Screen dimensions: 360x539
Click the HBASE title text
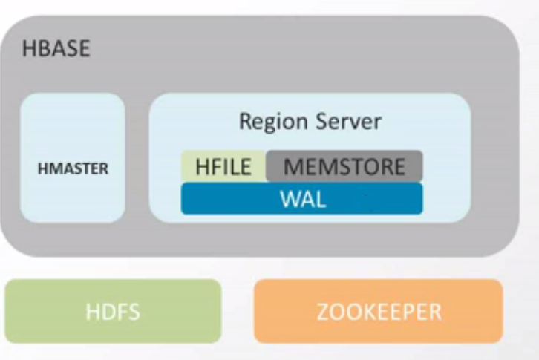tap(56, 50)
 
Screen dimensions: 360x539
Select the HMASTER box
tap(72, 157)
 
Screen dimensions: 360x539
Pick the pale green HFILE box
tap(223, 166)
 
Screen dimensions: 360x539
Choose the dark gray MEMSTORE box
tap(344, 166)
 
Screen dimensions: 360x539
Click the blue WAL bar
tap(302, 199)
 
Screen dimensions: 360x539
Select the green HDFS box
tap(114, 311)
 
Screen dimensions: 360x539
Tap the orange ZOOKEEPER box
tap(379, 311)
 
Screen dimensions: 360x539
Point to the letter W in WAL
tap(288, 200)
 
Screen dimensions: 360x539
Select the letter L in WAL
tap(320, 200)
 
